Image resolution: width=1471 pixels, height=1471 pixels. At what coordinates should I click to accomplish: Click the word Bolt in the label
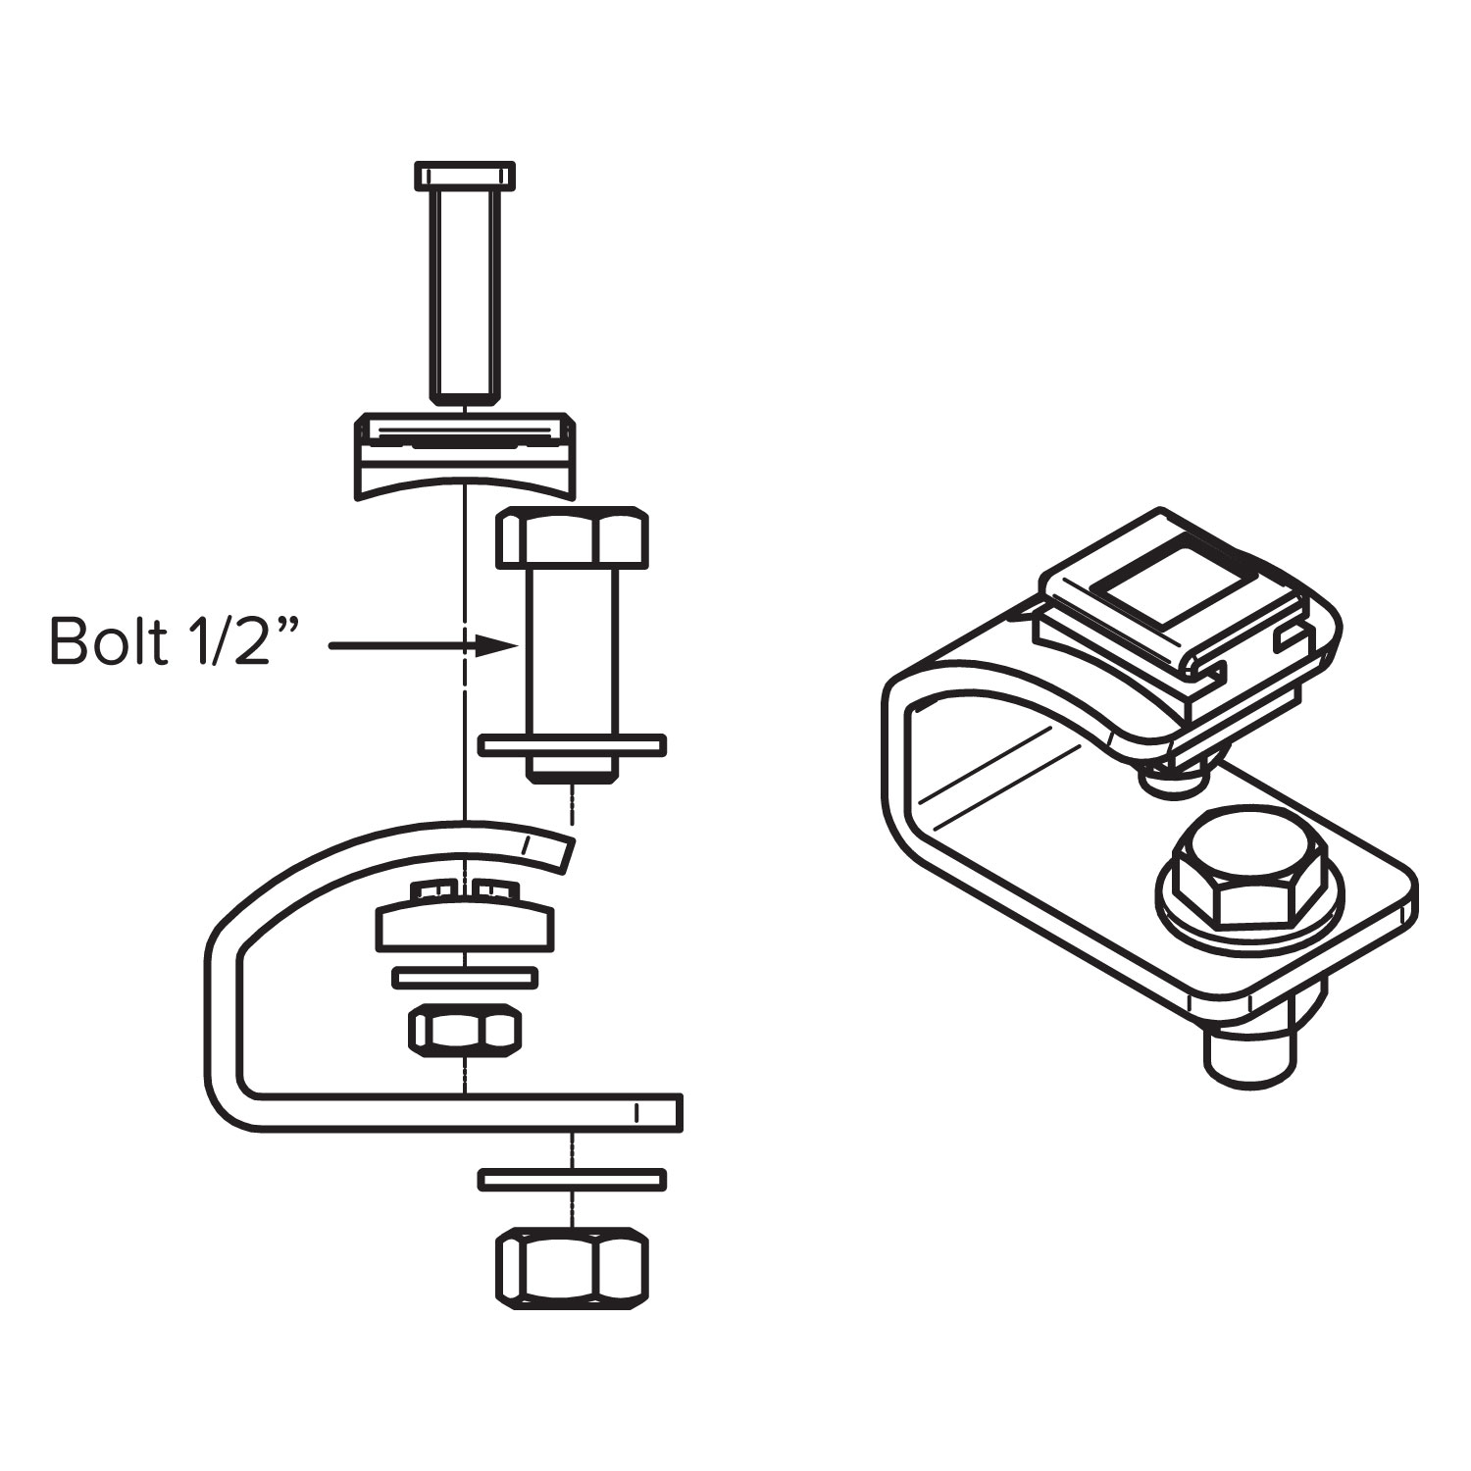[108, 642]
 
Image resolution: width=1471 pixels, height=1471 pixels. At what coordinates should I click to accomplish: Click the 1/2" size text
[236, 642]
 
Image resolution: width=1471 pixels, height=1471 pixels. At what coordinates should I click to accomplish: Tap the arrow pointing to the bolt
[422, 646]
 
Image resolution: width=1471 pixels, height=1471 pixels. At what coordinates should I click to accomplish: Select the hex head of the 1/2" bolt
[573, 537]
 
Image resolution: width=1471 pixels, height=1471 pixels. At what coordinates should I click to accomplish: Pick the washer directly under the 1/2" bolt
[573, 744]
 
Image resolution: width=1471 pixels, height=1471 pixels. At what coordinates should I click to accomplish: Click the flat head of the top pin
[465, 176]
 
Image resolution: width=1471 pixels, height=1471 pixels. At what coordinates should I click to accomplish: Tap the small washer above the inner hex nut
[464, 977]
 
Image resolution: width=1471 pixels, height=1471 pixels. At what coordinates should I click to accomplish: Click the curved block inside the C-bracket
[464, 927]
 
